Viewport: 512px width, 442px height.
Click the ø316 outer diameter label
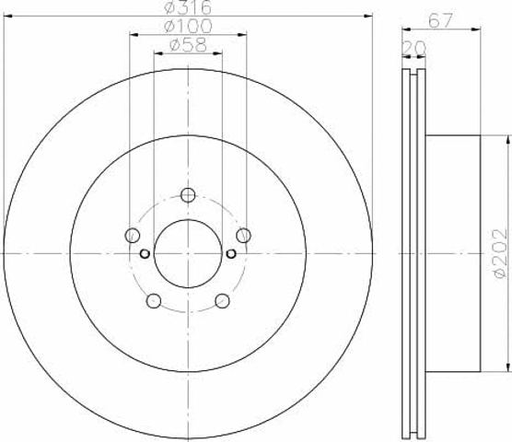click(188, 7)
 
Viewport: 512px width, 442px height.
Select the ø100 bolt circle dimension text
click(188, 26)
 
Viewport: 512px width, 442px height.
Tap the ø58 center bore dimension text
click(188, 45)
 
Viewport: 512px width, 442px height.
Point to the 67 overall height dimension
click(440, 20)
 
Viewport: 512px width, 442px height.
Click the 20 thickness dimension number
click(413, 48)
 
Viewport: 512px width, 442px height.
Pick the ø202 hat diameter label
click(501, 253)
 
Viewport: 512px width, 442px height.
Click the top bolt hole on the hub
click(188, 195)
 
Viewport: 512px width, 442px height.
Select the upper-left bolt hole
click(133, 235)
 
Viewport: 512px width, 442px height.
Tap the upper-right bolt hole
click(244, 235)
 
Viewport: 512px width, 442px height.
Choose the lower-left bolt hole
click(154, 300)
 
